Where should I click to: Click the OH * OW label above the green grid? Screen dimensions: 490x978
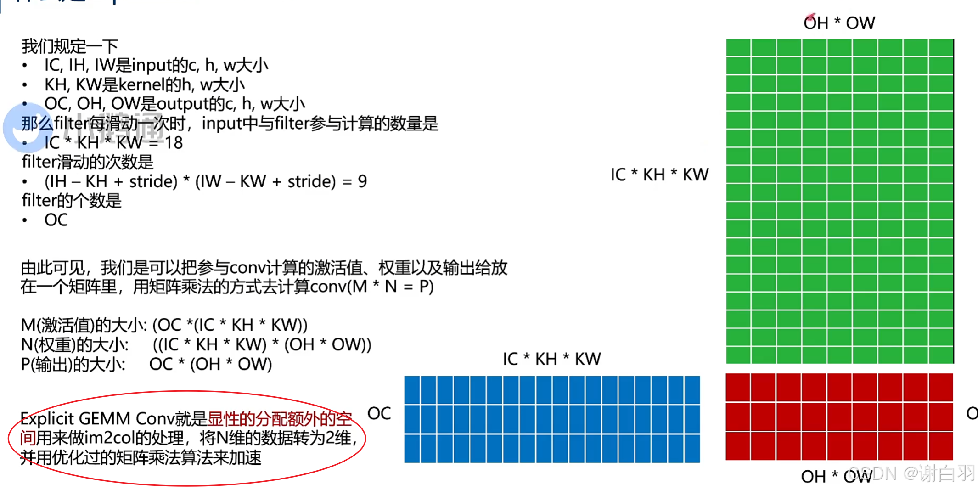(x=839, y=23)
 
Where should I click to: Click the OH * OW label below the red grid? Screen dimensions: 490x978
(x=836, y=477)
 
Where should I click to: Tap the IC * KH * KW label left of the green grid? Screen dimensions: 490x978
(x=659, y=175)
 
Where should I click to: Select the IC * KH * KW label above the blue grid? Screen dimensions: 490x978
(x=551, y=359)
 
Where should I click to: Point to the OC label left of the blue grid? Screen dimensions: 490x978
(x=379, y=413)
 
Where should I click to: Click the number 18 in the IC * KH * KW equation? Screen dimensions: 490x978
(x=174, y=143)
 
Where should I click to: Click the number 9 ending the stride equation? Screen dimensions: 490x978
(x=362, y=181)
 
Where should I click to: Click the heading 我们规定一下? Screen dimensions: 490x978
(x=70, y=46)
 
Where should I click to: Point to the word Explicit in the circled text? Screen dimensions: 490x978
(x=47, y=418)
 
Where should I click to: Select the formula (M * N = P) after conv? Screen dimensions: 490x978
(x=390, y=287)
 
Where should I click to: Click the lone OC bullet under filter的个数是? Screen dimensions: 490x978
(x=56, y=220)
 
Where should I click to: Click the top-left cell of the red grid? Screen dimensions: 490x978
(x=738, y=387)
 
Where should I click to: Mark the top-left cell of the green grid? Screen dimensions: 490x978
(x=738, y=48)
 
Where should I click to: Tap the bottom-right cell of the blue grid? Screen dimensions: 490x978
(x=692, y=448)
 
